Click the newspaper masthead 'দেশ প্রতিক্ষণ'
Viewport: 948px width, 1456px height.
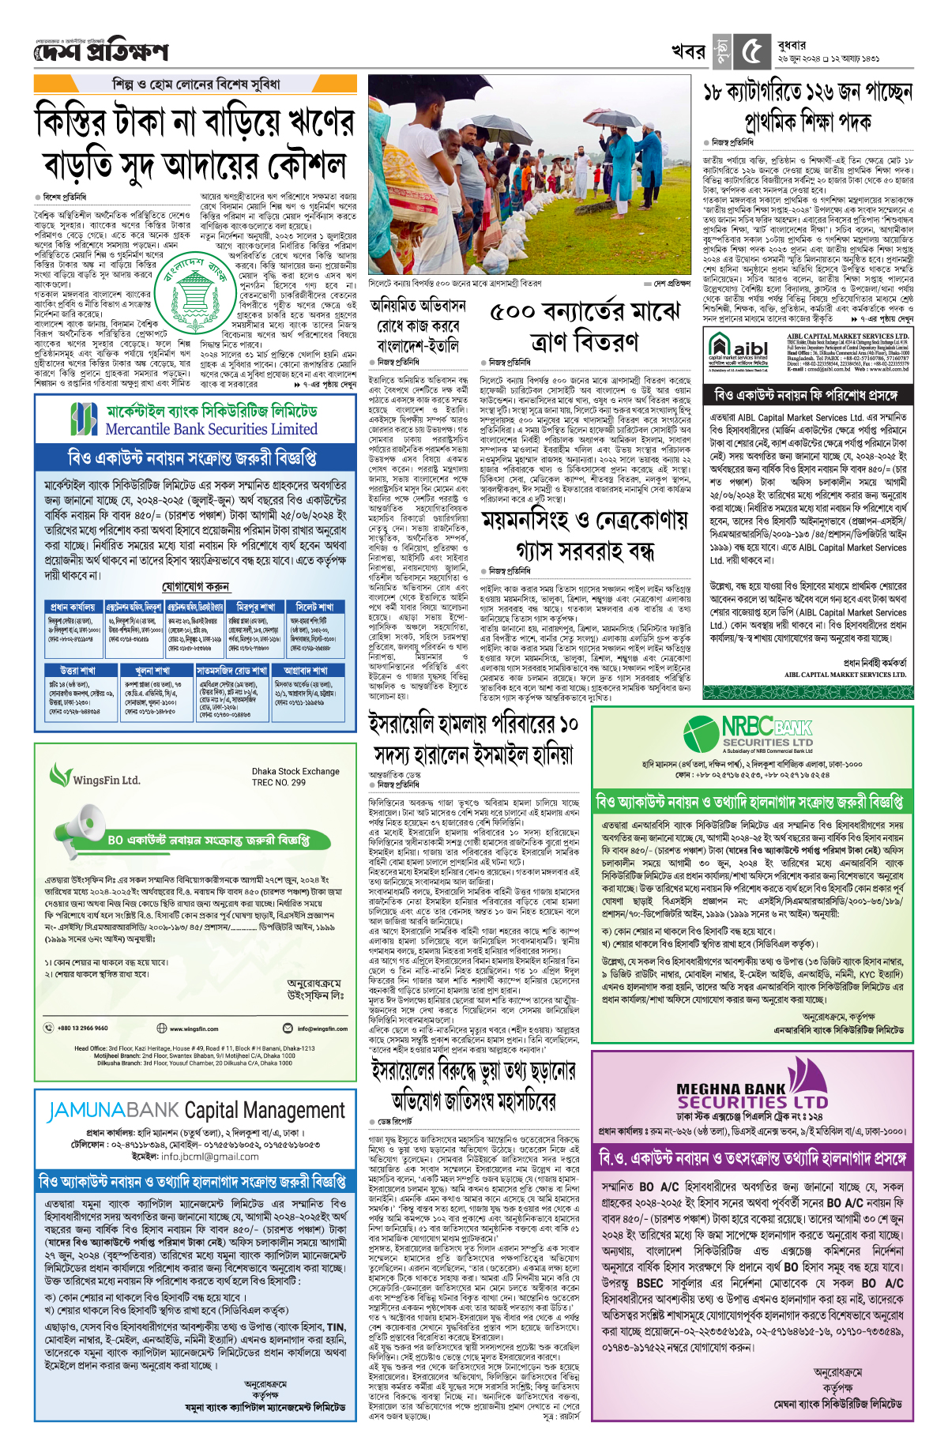(x=101, y=52)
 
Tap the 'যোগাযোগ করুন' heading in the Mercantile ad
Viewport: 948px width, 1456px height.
(x=195, y=587)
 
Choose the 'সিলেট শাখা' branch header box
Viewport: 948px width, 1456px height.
(x=315, y=607)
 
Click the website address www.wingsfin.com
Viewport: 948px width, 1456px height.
(x=194, y=1029)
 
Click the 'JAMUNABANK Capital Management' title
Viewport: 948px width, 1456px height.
(x=195, y=1111)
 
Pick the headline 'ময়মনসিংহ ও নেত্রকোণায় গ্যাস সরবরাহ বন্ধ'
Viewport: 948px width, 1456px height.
(x=585, y=534)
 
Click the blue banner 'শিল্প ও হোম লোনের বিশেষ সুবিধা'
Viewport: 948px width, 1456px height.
(x=196, y=84)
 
